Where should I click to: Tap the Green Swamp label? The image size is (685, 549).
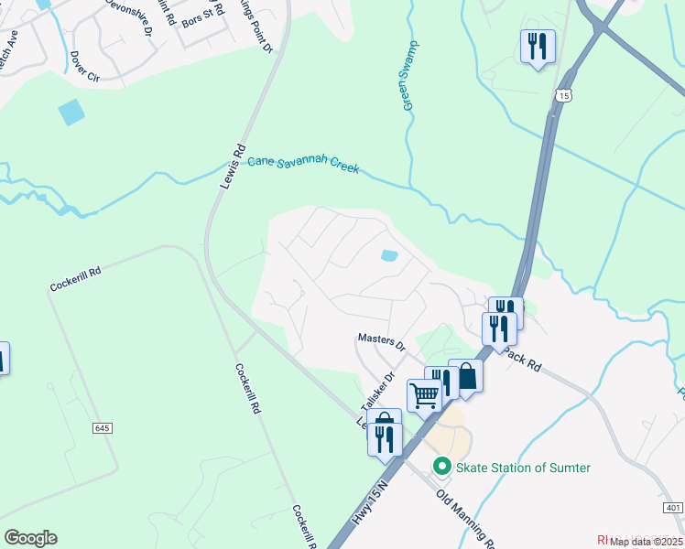[411, 77]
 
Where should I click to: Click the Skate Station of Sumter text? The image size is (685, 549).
[524, 468]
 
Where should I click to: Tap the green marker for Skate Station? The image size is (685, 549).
[441, 467]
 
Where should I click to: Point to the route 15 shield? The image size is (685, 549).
[563, 95]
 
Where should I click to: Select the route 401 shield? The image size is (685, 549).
[672, 507]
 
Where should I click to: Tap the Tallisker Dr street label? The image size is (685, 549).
[375, 392]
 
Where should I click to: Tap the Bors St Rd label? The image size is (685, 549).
[202, 15]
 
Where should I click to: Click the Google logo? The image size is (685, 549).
[30, 538]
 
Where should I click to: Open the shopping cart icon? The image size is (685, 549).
[424, 395]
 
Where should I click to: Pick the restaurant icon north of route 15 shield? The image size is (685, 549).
[538, 45]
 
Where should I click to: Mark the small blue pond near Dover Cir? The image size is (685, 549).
[71, 112]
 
